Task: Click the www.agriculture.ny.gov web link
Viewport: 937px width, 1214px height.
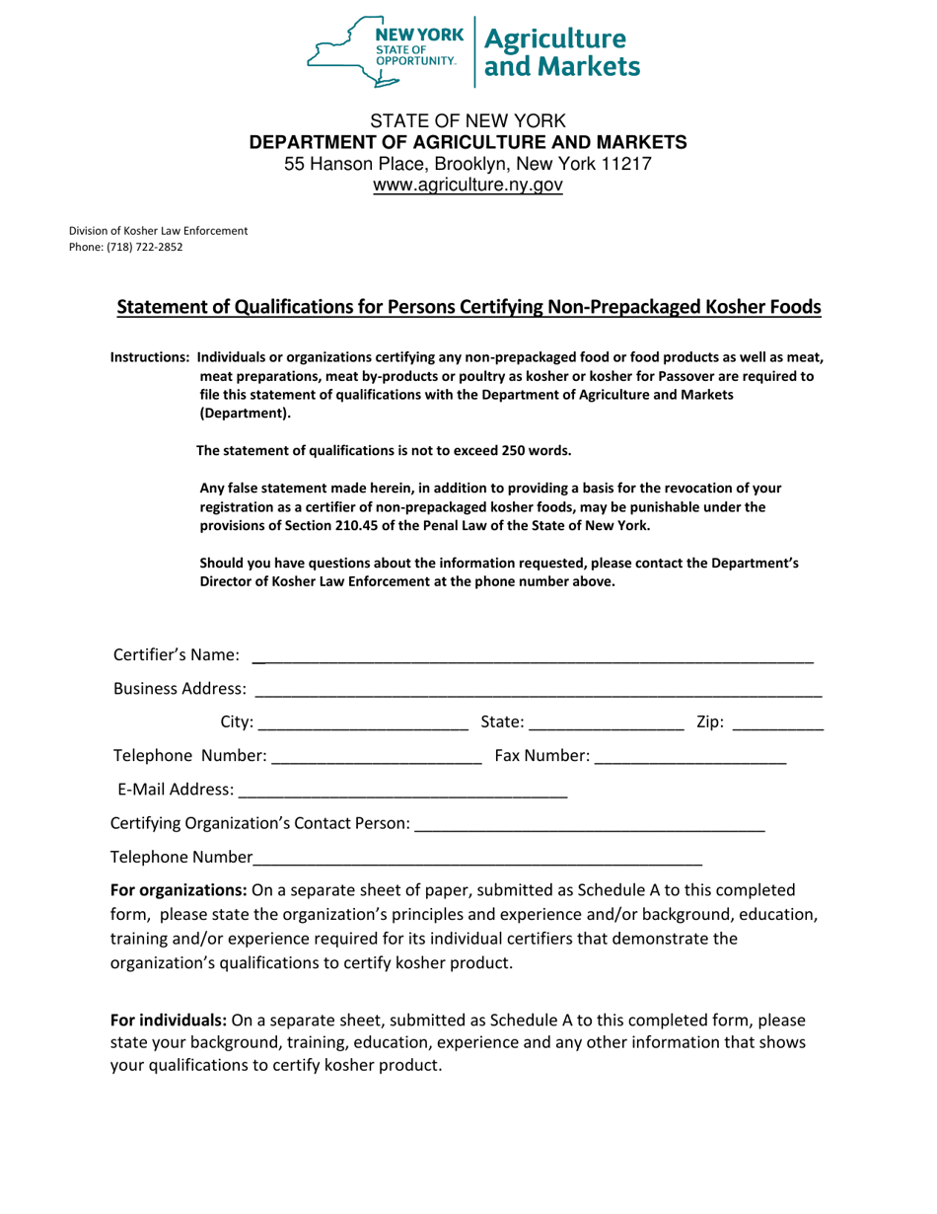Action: click(x=468, y=186)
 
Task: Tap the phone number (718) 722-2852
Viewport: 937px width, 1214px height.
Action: click(x=145, y=248)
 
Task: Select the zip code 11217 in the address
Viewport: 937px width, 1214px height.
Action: click(x=626, y=164)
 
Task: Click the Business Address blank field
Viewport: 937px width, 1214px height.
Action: click(x=539, y=688)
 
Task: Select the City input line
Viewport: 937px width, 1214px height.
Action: click(x=363, y=722)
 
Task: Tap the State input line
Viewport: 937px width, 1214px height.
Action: click(x=608, y=722)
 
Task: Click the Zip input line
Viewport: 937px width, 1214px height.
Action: click(x=778, y=722)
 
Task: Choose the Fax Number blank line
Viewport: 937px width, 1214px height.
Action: click(x=690, y=757)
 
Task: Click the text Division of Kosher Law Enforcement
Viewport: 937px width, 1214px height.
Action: click(x=158, y=231)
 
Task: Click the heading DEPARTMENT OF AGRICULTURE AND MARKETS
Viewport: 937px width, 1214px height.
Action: click(x=468, y=142)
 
